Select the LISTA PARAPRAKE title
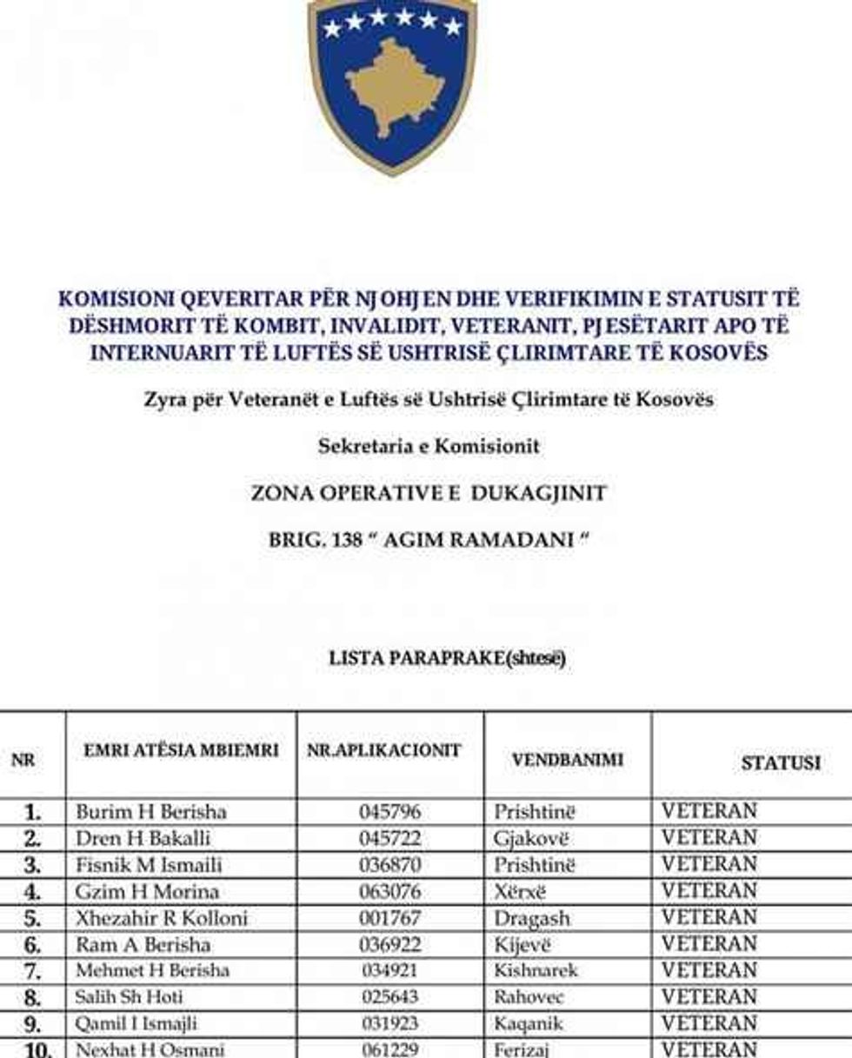(x=447, y=659)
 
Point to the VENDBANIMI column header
(x=567, y=759)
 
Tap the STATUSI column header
(x=780, y=762)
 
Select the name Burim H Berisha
(x=151, y=812)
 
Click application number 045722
(x=390, y=839)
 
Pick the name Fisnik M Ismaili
(x=149, y=865)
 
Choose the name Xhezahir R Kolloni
(x=162, y=918)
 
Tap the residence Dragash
(x=532, y=918)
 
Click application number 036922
(x=390, y=944)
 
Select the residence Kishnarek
(x=536, y=970)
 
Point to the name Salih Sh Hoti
(x=130, y=997)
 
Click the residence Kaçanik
(x=529, y=1023)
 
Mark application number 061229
(x=390, y=1049)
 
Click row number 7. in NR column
(x=32, y=970)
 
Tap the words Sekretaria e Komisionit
(x=429, y=447)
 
